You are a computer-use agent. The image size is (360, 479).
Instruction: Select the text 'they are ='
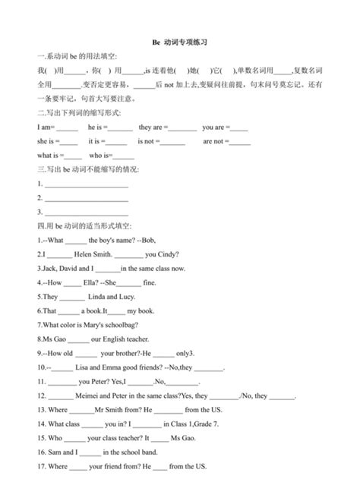tap(155, 128)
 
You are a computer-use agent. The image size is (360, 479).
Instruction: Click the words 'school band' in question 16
tap(137, 452)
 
